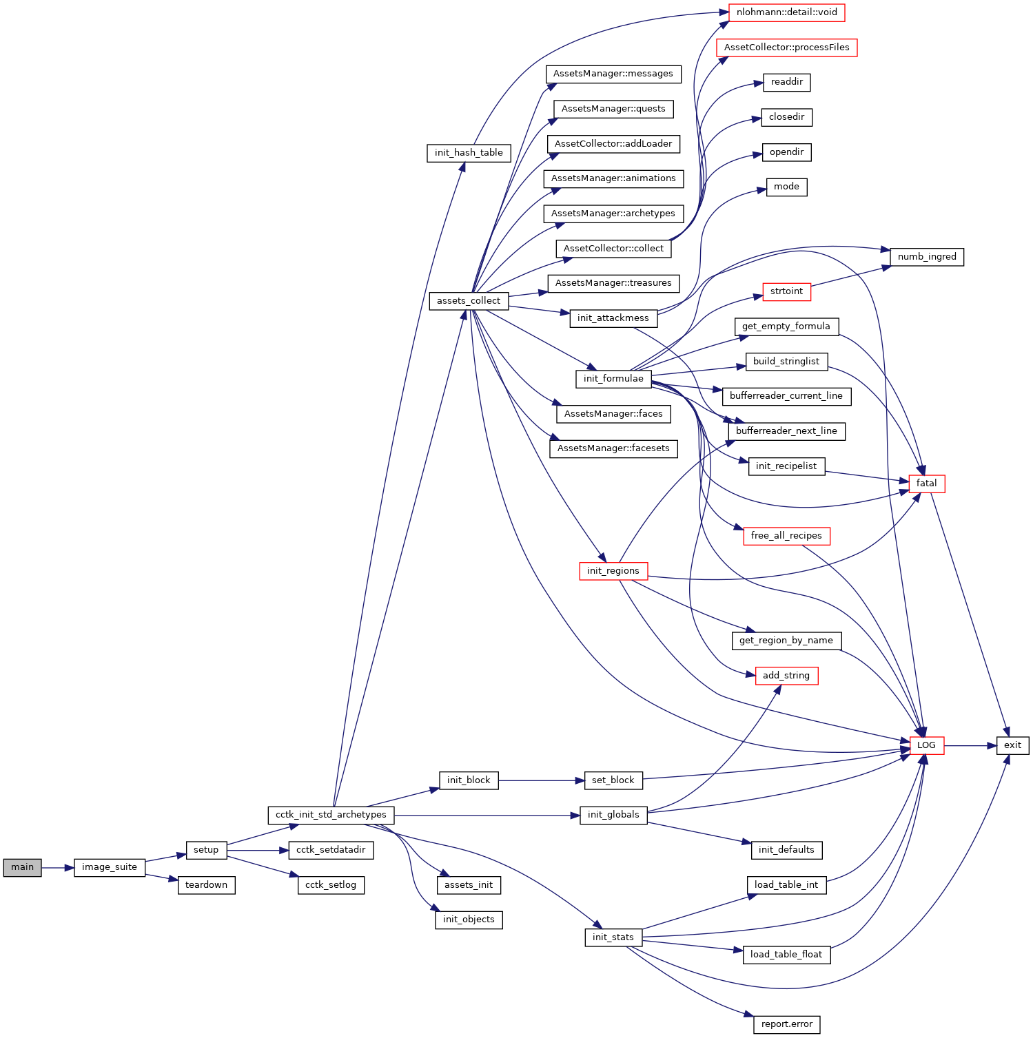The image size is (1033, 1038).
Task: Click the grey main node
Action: point(22,867)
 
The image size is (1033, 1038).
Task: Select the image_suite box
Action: point(109,867)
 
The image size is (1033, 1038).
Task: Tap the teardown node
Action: point(206,885)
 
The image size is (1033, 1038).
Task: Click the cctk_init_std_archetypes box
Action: point(331,815)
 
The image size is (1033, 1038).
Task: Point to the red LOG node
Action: point(926,745)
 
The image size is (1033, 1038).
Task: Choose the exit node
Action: point(1012,745)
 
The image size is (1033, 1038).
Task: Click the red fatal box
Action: point(926,484)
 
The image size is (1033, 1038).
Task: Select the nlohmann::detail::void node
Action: point(786,12)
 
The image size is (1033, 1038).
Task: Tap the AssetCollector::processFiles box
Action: point(786,48)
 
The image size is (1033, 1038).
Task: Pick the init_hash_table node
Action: point(469,153)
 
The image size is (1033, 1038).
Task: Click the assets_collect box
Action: point(469,301)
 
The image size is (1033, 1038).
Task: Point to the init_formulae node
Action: point(613,379)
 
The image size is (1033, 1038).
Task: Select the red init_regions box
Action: point(613,571)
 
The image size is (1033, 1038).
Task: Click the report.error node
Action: point(786,1024)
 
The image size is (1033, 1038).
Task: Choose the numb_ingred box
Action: point(927,257)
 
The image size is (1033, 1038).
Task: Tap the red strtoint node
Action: point(786,291)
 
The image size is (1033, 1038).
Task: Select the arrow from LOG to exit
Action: point(970,745)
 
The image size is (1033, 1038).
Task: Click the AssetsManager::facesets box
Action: point(613,448)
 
